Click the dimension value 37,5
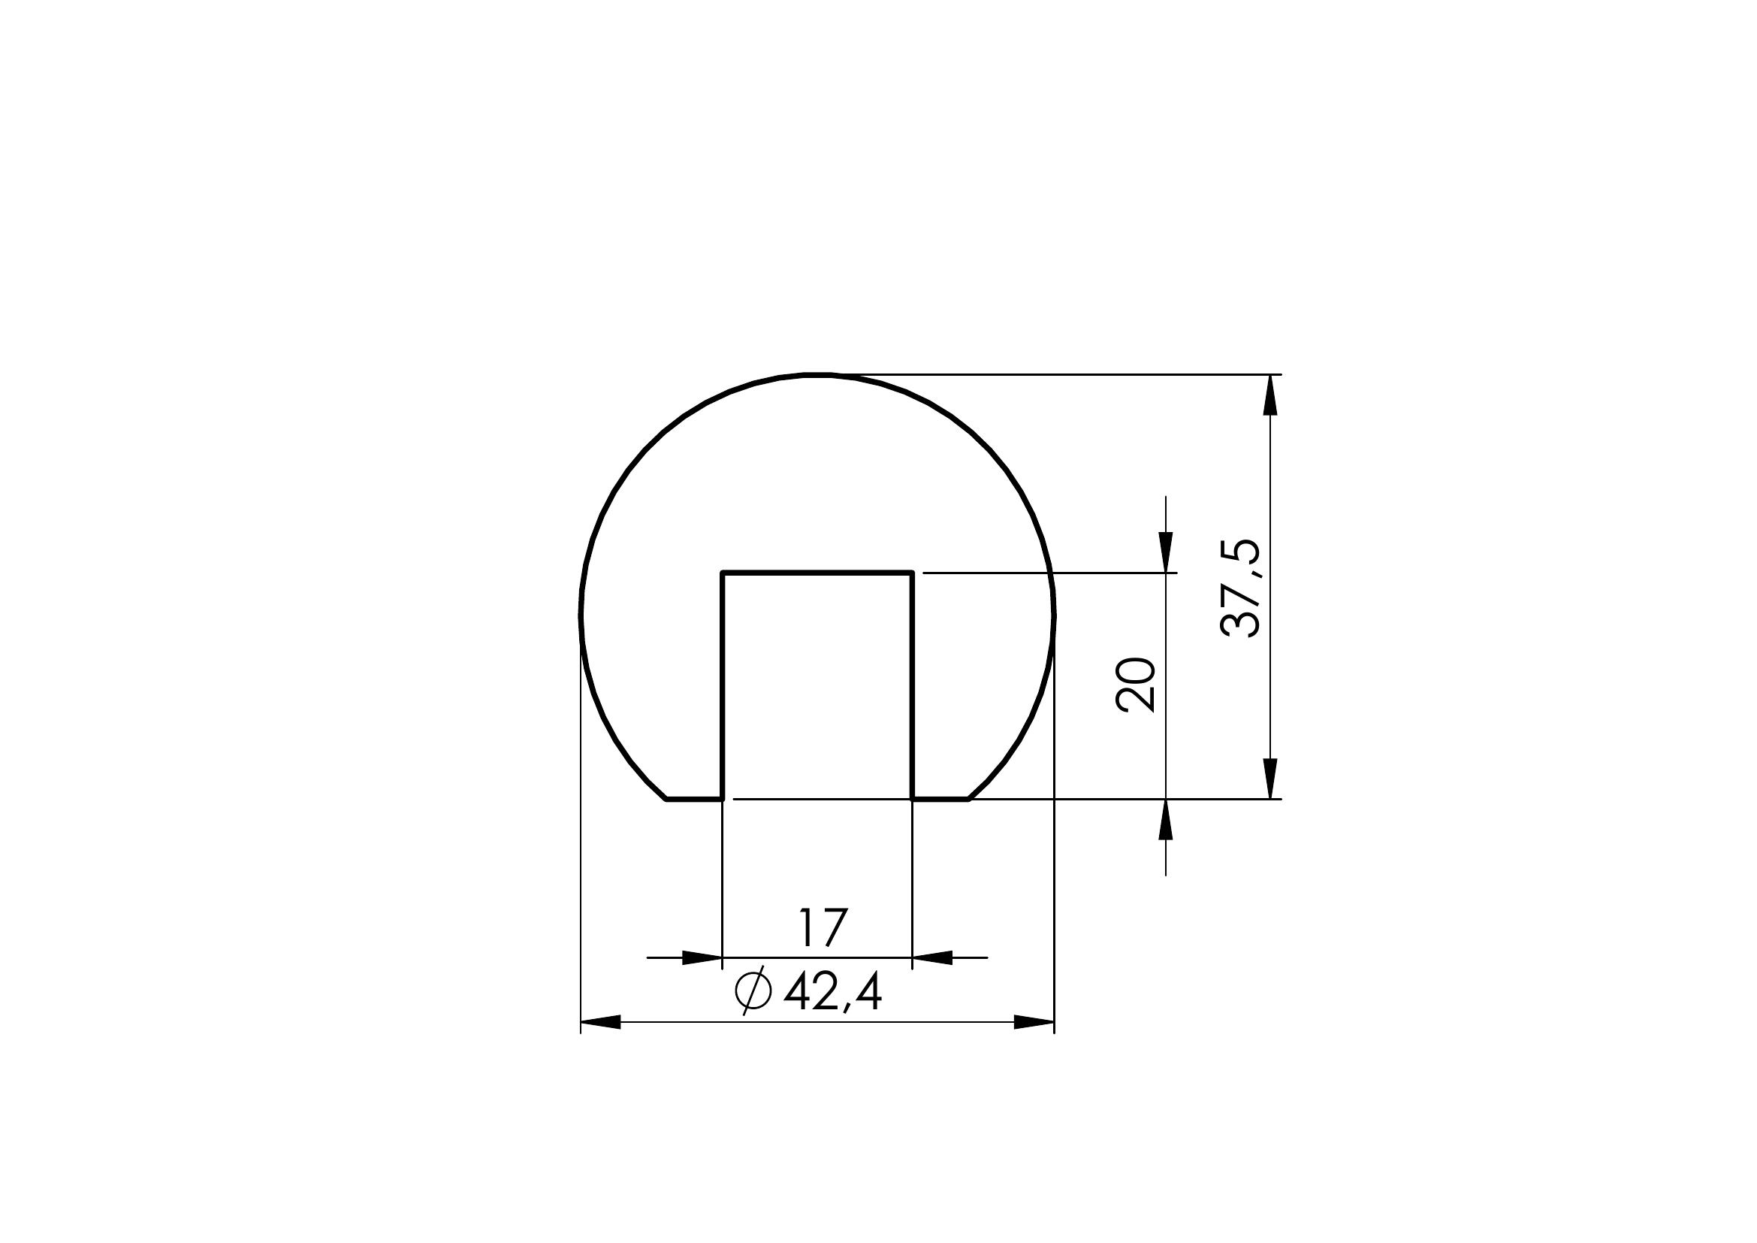(x=1239, y=588)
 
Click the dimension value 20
(x=1136, y=685)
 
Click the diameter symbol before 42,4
(x=751, y=993)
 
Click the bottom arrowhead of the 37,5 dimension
(x=1271, y=779)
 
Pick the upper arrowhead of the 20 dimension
(x=1166, y=552)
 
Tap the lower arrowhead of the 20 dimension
(x=1166, y=820)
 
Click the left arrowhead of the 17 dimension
(x=702, y=957)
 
